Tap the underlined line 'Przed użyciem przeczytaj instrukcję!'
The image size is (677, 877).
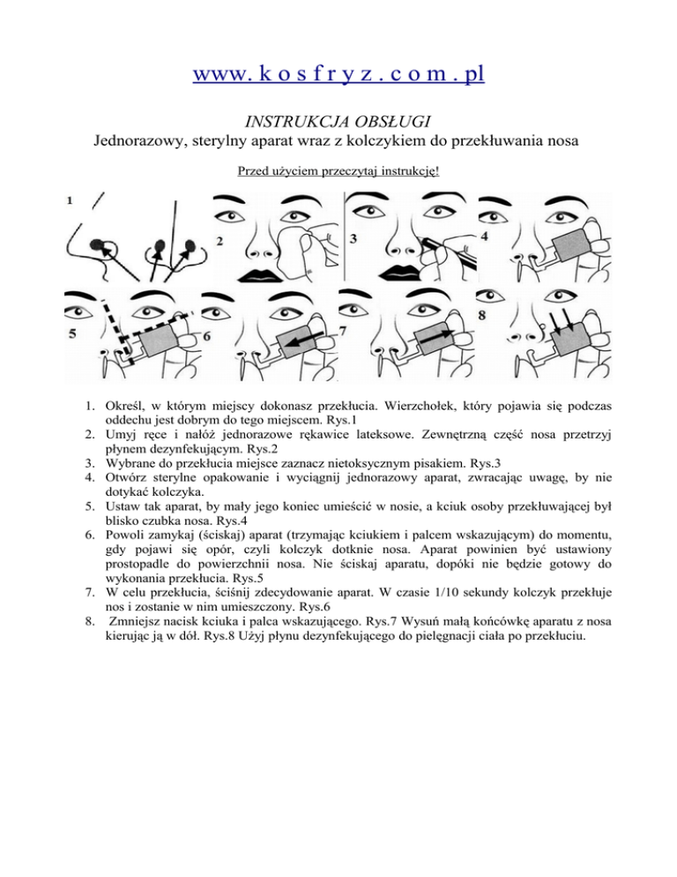(338, 168)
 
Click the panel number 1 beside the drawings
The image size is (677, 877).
(69, 200)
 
